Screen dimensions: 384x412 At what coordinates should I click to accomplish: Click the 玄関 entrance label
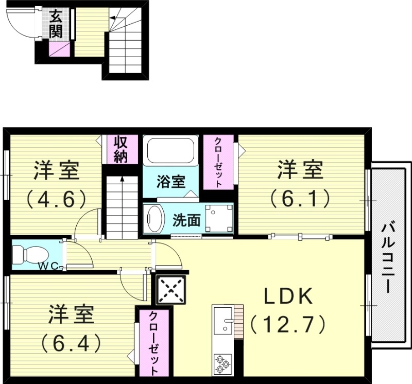point(56,24)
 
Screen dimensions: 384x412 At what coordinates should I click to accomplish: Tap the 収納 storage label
point(120,149)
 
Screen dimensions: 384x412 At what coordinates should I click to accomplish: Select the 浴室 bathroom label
point(170,182)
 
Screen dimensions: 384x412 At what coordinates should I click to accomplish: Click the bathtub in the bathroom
point(169,151)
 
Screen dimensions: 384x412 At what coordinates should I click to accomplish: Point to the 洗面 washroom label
point(186,220)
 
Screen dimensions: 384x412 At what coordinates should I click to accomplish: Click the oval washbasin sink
point(153,218)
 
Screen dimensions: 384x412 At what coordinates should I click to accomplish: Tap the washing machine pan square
point(218,218)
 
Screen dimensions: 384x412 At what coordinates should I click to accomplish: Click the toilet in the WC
point(27,254)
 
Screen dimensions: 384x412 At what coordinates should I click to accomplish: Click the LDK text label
point(288,297)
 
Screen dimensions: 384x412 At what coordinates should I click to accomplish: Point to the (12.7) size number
point(288,324)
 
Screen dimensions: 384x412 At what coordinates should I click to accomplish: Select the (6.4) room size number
point(71,342)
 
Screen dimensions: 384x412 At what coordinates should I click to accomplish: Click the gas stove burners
point(223,363)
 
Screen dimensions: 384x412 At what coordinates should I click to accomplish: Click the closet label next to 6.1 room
point(218,162)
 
